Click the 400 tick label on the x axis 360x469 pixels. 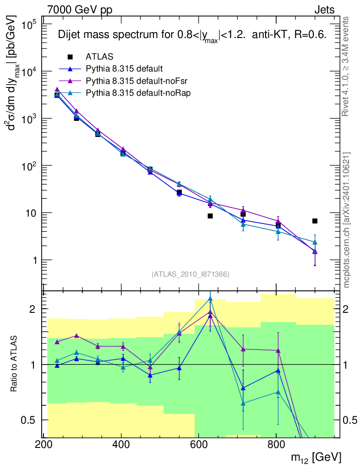coord(121,444)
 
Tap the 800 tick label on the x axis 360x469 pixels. coord(276,444)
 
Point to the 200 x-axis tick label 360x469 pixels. coord(44,444)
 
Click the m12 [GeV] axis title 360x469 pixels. coord(315,457)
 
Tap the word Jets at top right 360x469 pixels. coord(324,10)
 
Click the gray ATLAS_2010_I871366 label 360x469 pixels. coord(190,274)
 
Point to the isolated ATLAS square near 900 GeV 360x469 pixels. coord(315,221)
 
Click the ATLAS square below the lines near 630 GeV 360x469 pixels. coord(210,216)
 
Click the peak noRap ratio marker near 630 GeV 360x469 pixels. coord(210,299)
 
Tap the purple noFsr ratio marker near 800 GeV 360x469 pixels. coord(278,351)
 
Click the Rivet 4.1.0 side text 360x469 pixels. coord(346,66)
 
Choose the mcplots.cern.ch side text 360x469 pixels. coord(346,220)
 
